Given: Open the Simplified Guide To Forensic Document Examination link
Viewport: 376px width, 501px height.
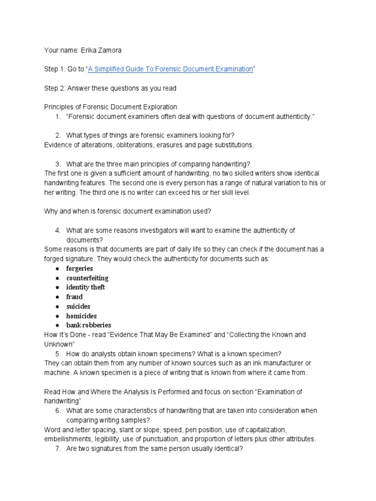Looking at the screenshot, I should (170, 69).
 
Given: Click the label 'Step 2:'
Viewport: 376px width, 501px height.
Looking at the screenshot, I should (54, 88).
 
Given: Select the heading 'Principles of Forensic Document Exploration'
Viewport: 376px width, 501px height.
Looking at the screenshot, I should (111, 107).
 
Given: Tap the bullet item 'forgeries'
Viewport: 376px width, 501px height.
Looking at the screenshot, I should (79, 269).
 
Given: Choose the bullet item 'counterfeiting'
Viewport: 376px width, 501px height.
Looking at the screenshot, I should (87, 278).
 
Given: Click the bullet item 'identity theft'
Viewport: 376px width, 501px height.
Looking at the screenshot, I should (86, 287).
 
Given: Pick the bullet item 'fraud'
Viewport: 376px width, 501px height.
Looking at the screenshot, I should (74, 296).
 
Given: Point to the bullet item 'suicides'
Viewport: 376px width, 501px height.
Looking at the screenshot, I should (78, 306).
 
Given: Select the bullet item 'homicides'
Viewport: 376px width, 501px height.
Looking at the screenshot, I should (81, 316).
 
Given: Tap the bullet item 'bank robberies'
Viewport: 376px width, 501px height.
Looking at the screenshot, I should (89, 325).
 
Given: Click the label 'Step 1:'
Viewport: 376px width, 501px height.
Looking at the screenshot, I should (54, 69).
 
